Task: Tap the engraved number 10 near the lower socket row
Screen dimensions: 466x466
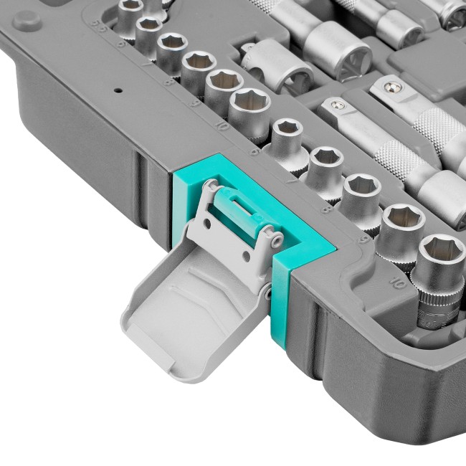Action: [x=396, y=282]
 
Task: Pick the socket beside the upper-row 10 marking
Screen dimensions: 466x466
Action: [x=249, y=105]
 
